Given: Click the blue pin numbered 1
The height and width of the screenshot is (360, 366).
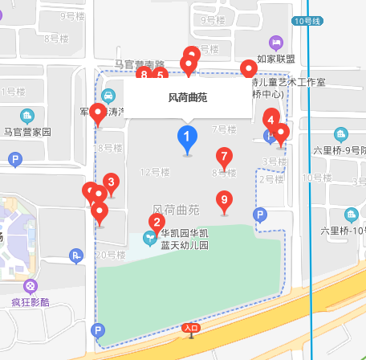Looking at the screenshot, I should (187, 139).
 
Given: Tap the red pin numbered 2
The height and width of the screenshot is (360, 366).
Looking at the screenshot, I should (157, 222).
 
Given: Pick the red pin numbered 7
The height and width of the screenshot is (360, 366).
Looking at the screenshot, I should (224, 157).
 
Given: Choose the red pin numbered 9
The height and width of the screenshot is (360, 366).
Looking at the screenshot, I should (225, 200).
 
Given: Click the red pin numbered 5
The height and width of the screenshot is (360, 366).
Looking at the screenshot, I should (161, 77).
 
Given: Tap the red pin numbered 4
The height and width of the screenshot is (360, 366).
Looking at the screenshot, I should (271, 121).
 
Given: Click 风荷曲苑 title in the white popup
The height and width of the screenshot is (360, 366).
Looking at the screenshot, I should (187, 97).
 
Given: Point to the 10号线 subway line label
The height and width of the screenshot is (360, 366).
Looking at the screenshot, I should (305, 22).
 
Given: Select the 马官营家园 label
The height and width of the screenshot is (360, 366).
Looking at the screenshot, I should (27, 131).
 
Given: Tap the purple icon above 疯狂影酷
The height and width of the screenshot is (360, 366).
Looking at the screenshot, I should (31, 286).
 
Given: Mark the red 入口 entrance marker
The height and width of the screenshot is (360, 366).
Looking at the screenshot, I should (190, 328).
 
